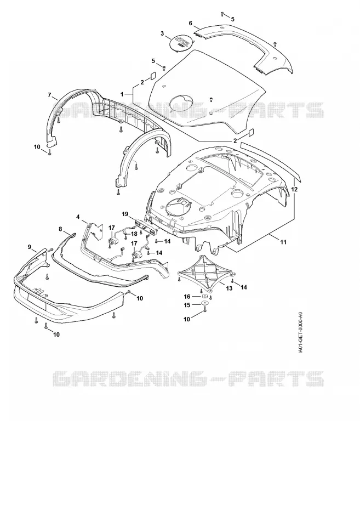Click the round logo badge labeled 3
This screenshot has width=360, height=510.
coord(181,42)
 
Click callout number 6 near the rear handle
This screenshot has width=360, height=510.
coord(191,23)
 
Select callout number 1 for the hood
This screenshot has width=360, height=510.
coord(122,94)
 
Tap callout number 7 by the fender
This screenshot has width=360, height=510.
coord(49,95)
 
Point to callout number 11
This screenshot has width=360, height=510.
coord(283,242)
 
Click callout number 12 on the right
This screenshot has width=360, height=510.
coord(294,189)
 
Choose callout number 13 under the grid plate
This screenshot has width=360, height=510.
coord(229,288)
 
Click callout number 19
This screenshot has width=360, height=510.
coord(125,214)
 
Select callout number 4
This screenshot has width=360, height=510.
coord(78,217)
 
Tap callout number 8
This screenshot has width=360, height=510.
coord(60,229)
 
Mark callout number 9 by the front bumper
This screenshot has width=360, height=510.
coord(30,247)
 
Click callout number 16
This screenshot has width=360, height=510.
coord(187,297)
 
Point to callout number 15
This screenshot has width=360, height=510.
coord(187,305)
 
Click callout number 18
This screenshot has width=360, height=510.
coord(134,234)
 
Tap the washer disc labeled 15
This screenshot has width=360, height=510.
coord(205,303)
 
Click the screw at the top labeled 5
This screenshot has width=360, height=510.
coord(222,14)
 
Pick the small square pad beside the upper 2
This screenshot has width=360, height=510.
coord(152,75)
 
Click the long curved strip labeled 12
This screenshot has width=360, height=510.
coord(271,160)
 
